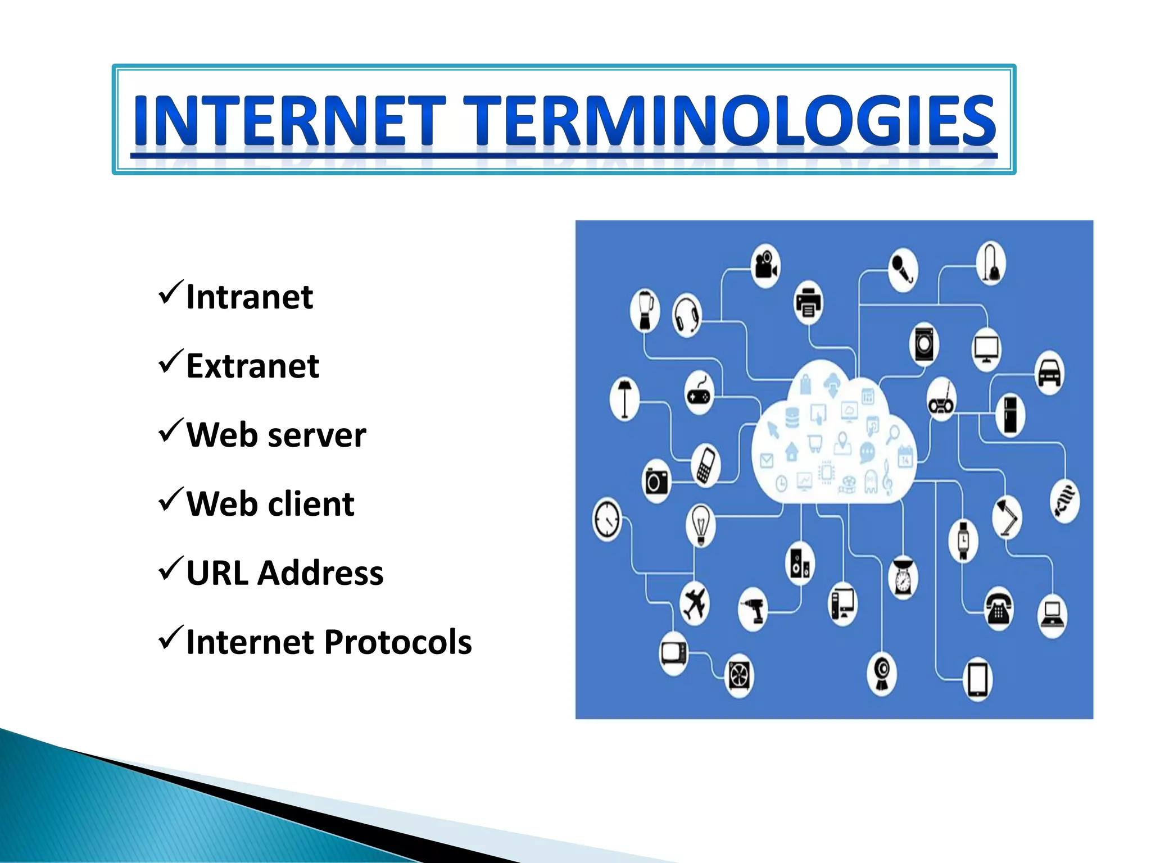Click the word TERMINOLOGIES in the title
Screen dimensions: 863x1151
coord(729,120)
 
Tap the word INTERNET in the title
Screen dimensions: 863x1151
coord(289,120)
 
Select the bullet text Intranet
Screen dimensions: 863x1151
coord(249,297)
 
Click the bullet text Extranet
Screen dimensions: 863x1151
coord(252,366)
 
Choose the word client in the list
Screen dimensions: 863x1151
coord(310,504)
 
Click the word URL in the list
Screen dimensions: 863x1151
coord(217,573)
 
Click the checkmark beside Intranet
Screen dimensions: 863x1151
coord(170,292)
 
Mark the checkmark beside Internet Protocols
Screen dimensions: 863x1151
coord(170,637)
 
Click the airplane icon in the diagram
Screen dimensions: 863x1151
coord(695,604)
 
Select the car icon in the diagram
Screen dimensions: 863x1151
coord(1049,373)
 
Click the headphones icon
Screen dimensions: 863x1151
coord(686,315)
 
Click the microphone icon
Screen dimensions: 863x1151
coord(903,270)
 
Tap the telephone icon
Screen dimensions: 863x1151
coord(998,608)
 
